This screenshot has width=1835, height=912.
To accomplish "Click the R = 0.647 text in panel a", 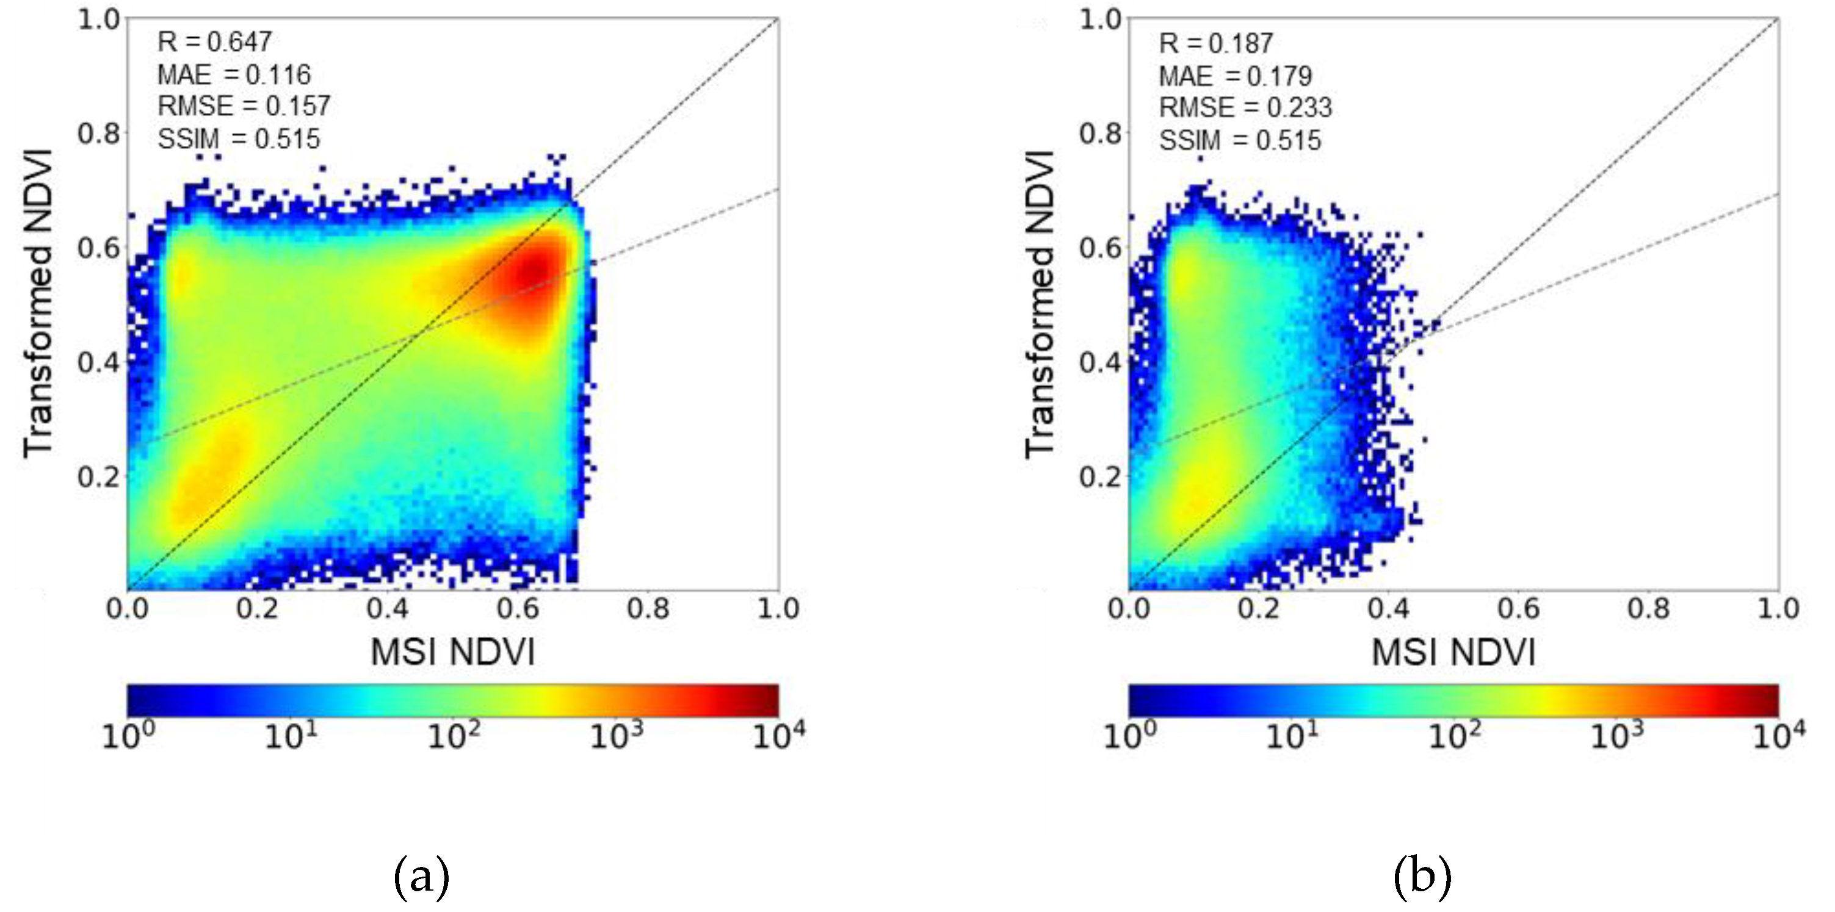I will pos(214,42).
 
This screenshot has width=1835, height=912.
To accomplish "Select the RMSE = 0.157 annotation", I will pos(244,107).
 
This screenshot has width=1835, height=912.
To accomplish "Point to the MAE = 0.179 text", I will pos(1235,76).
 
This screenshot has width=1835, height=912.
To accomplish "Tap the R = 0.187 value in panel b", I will pos(1216,44).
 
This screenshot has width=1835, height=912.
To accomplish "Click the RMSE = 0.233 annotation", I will pos(1245,108).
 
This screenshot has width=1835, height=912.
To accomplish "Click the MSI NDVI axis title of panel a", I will pos(452,652).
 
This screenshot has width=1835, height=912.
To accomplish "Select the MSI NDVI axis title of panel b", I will pos(1453,652).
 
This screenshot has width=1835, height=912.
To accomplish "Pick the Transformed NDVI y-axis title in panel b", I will pos(1040,305).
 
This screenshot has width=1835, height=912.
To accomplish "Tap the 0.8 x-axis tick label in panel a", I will pos(648,609).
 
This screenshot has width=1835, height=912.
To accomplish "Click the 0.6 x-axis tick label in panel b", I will pos(1518,609).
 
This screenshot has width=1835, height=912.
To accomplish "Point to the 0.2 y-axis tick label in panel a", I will pos(98,477).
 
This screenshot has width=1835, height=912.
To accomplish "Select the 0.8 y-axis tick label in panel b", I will pos(1100,134).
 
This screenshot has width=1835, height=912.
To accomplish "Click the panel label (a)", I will pos(421,877).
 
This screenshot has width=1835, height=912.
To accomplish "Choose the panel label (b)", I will pos(1422,877).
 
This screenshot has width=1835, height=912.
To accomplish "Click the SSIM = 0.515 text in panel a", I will pos(239,139).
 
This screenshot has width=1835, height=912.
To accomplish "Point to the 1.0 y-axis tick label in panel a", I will pos(98,20).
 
